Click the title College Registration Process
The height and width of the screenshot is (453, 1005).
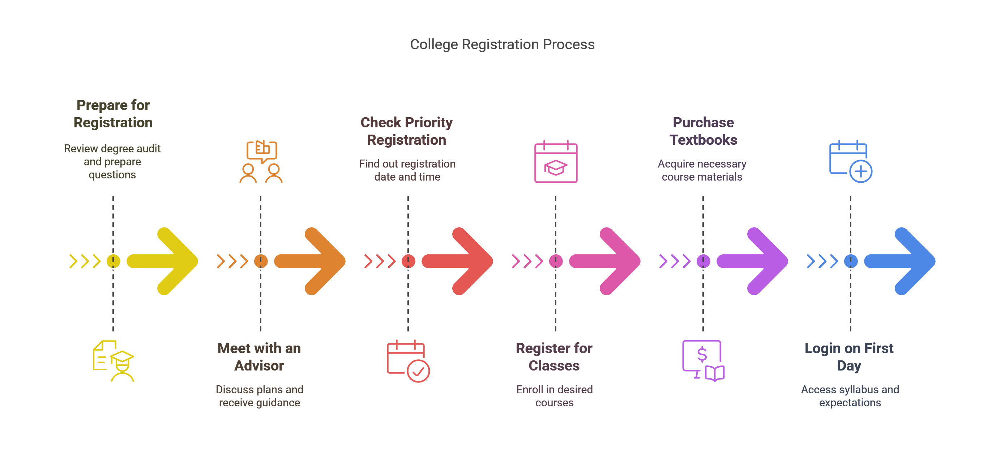click(x=502, y=45)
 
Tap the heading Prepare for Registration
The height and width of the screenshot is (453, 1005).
click(x=113, y=114)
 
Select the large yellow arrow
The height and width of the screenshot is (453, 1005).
click(x=162, y=261)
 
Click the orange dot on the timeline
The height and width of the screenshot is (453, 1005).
click(x=261, y=261)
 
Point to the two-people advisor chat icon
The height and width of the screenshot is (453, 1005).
click(x=261, y=161)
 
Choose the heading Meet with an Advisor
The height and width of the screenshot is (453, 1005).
click(x=259, y=356)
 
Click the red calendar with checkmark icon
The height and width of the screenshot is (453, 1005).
click(x=408, y=361)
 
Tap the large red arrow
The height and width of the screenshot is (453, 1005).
click(x=457, y=261)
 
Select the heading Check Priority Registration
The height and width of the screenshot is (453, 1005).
click(x=407, y=131)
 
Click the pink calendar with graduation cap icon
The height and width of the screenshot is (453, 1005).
click(x=556, y=161)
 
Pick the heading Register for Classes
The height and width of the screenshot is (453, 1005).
click(x=554, y=356)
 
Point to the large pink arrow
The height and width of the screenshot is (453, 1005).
click(x=605, y=261)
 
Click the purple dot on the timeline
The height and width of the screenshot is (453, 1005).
click(x=703, y=261)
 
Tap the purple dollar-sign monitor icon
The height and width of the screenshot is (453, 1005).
click(x=703, y=361)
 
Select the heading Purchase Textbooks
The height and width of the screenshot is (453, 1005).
click(x=703, y=131)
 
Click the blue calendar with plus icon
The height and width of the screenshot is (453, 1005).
click(x=851, y=161)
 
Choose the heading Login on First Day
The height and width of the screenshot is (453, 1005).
click(x=849, y=356)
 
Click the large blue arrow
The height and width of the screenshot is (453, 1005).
click(x=900, y=261)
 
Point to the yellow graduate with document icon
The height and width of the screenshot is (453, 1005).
click(x=113, y=361)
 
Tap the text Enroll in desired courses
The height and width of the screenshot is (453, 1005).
click(x=555, y=395)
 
